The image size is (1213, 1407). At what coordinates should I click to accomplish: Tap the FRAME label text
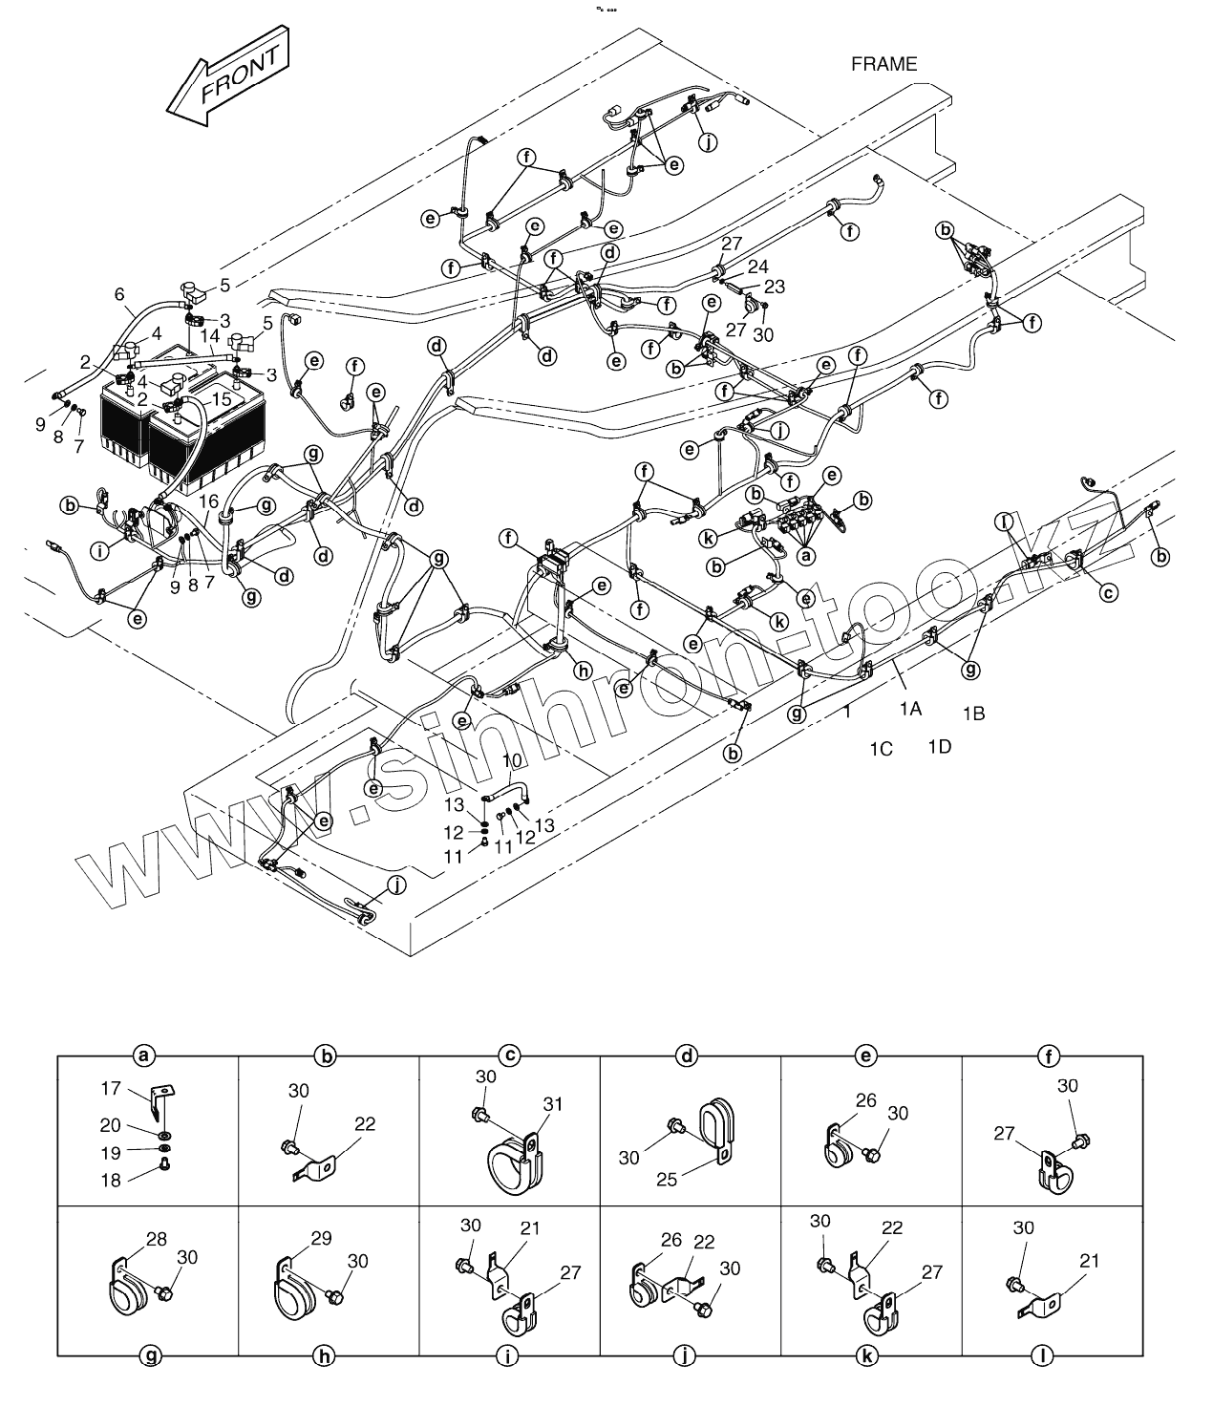[883, 64]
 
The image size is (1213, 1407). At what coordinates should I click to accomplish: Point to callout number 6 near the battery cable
[119, 295]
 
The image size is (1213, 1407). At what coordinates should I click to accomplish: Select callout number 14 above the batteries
[210, 336]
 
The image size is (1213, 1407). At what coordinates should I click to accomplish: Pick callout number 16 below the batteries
[209, 501]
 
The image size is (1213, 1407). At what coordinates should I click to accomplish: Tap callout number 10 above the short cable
[512, 759]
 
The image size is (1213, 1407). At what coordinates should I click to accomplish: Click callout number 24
[757, 266]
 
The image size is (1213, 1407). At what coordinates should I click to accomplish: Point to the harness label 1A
[909, 708]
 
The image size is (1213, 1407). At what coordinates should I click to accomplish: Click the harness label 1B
[973, 713]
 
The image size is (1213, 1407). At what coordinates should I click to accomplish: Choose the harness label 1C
[880, 749]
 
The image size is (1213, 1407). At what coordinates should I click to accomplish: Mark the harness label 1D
[939, 746]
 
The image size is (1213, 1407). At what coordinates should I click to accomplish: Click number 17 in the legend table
[111, 1087]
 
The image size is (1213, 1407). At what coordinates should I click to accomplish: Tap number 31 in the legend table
[553, 1103]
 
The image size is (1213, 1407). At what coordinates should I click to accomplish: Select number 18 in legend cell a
[111, 1180]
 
